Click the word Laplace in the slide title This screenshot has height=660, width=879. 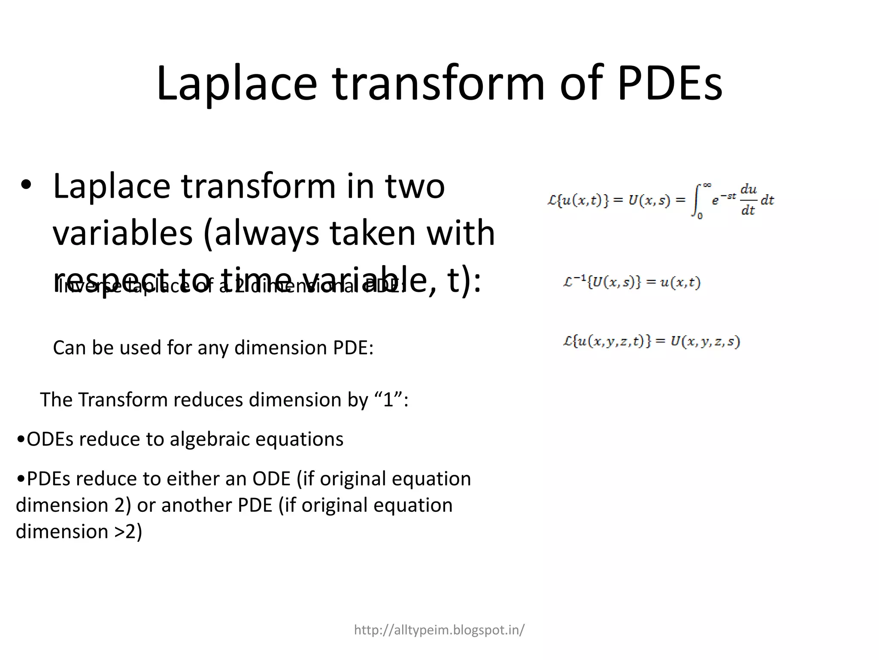pos(237,83)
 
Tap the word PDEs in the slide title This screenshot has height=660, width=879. pos(670,83)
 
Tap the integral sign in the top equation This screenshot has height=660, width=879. pos(696,200)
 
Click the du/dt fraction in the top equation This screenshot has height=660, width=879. pos(749,199)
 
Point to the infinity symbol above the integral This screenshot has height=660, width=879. pos(707,186)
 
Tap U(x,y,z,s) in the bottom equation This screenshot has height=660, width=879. pos(705,342)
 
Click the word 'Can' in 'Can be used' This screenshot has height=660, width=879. pos(69,348)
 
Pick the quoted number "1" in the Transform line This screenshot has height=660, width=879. pos(388,400)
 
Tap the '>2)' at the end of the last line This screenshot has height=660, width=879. pos(128,532)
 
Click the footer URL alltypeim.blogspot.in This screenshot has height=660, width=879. pos(439,630)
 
